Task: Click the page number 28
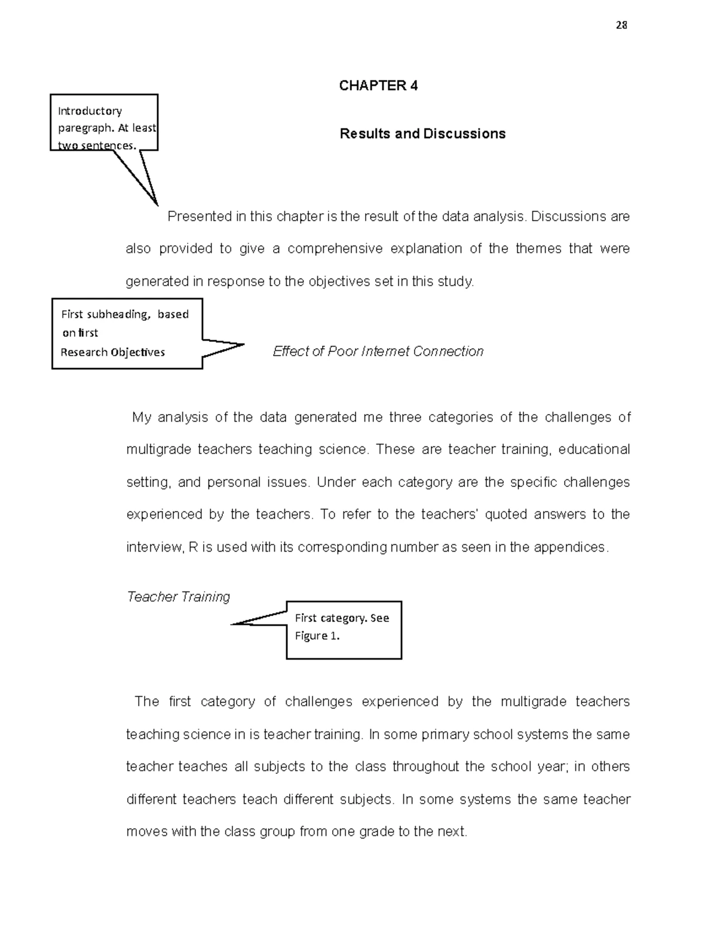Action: click(621, 25)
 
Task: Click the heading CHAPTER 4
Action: click(378, 85)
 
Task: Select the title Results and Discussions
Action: click(422, 133)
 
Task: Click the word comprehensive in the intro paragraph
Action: click(335, 249)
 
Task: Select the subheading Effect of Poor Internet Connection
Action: click(378, 351)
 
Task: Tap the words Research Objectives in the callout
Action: click(112, 352)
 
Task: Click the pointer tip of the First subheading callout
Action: click(243, 344)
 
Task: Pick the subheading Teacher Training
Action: click(178, 597)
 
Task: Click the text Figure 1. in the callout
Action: click(317, 636)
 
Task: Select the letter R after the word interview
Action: click(193, 547)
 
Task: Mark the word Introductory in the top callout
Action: click(90, 111)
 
